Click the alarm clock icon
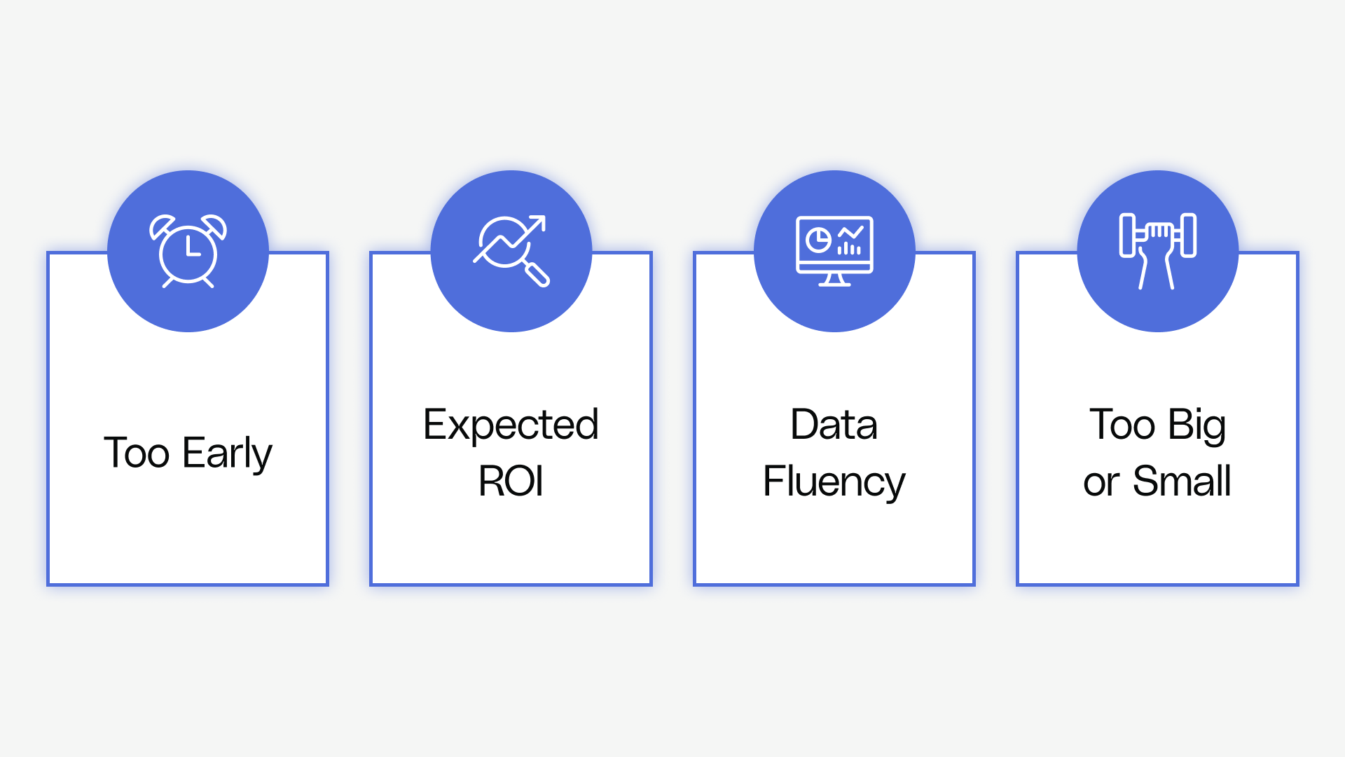point(188,251)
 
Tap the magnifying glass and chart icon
point(511,251)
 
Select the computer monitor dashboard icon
point(834,251)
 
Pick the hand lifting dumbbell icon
point(1158,251)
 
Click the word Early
point(227,453)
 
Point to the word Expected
point(511,425)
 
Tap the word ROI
point(511,482)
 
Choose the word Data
point(834,425)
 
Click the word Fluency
point(834,482)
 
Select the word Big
point(1197,425)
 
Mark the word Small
point(1182,482)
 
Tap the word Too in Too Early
point(137,453)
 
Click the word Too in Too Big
point(1122,425)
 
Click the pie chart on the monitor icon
point(818,240)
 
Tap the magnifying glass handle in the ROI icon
point(537,275)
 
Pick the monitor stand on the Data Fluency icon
point(834,280)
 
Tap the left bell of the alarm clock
point(161,226)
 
